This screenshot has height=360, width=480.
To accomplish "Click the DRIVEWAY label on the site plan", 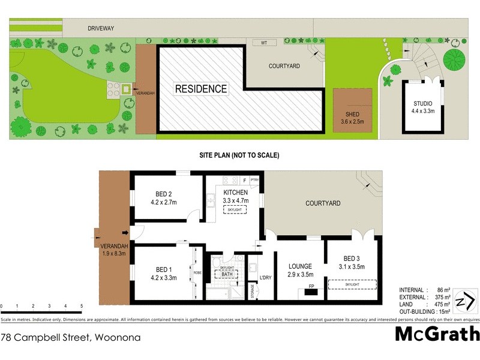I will pos(101,28).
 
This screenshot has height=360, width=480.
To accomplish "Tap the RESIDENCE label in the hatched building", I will pos(201,89).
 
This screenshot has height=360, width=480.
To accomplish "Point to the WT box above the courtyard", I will pos(264,43).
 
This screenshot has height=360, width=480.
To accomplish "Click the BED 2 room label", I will pos(164,198).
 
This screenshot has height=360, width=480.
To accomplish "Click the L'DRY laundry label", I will pos(266,277).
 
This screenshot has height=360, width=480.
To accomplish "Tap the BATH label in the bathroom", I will pos(226,274).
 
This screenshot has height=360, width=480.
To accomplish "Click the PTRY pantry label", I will pos(254,179).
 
